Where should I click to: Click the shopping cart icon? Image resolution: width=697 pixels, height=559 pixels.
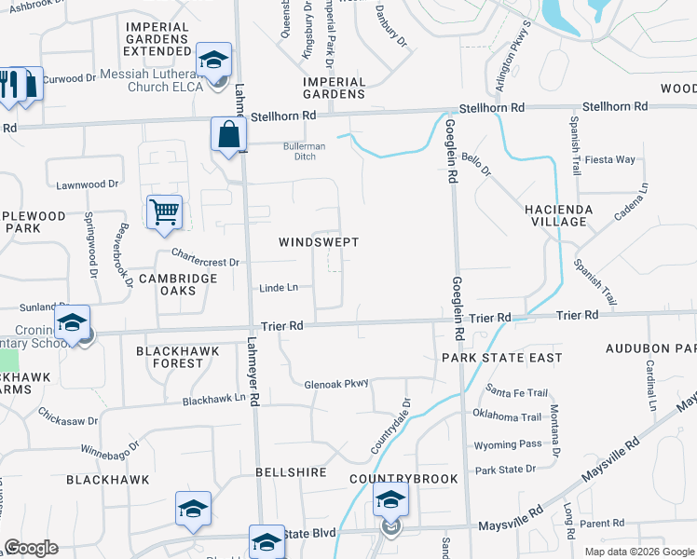164,211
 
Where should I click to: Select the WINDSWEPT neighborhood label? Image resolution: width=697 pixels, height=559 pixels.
319,242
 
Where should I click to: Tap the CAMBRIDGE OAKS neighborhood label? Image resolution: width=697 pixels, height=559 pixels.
178,284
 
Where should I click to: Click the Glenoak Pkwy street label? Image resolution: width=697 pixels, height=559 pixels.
336,383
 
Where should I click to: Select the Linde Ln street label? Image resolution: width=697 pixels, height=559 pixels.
279,288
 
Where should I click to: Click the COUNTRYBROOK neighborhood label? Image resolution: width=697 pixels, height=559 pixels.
403,479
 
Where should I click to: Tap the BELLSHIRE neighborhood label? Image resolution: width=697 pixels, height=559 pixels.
291,472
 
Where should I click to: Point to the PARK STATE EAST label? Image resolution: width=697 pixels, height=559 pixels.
501,358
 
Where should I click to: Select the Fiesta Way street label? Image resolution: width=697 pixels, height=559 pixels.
610,159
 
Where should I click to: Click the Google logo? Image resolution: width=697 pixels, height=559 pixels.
31,548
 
